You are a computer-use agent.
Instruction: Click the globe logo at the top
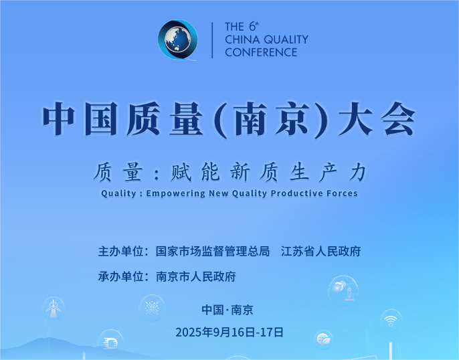pyautogui.click(x=178, y=39)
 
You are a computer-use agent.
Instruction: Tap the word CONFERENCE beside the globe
pyautogui.click(x=261, y=52)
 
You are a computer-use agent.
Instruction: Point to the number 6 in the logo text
pyautogui.click(x=252, y=27)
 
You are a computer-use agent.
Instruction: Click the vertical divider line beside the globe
pyautogui.click(x=212, y=40)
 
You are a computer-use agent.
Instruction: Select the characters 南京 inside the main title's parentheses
pyautogui.click(x=272, y=119)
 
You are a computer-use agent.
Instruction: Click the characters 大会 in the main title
pyautogui.click(x=377, y=119)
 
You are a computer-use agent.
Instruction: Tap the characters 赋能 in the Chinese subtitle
pyautogui.click(x=195, y=172)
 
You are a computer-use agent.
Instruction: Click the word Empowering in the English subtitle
pyautogui.click(x=175, y=193)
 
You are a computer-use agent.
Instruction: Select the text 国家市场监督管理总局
pyautogui.click(x=213, y=252)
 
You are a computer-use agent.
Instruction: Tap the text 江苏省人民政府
pyautogui.click(x=320, y=252)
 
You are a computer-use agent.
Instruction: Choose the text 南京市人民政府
pyautogui.click(x=195, y=276)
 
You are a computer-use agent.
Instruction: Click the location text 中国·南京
pyautogui.click(x=227, y=310)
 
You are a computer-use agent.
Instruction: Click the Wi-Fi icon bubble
pyautogui.click(x=391, y=321)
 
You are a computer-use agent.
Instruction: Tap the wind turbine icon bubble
pyautogui.click(x=54, y=308)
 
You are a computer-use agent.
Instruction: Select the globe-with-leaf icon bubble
pyautogui.click(x=323, y=340)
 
